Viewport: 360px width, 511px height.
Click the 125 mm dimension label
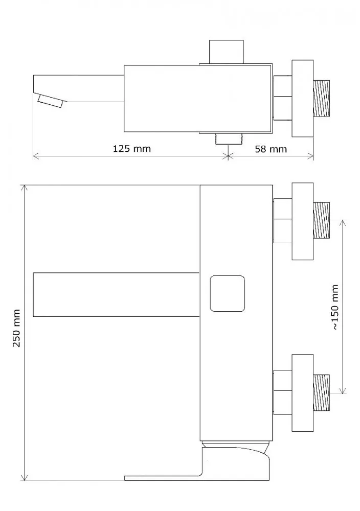[x=132, y=149]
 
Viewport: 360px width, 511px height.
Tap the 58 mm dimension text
[x=271, y=149]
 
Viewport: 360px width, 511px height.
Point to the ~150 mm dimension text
[x=335, y=307]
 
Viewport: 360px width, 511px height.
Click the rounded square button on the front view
[x=227, y=294]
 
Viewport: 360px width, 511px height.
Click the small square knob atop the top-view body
[x=227, y=52]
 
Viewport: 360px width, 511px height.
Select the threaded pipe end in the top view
[x=321, y=99]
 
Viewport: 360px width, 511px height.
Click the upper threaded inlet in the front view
[x=321, y=221]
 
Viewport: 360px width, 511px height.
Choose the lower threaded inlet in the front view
[x=321, y=392]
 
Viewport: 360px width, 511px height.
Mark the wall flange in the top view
[x=303, y=99]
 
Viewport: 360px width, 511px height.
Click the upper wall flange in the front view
[x=303, y=221]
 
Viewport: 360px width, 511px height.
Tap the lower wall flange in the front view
[x=303, y=393]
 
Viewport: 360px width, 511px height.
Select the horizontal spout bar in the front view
[x=116, y=294]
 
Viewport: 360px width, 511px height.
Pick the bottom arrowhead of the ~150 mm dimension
[x=343, y=390]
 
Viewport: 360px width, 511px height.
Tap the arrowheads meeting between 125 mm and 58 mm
[x=228, y=157]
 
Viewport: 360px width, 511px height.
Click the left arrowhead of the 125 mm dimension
[x=36, y=157]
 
